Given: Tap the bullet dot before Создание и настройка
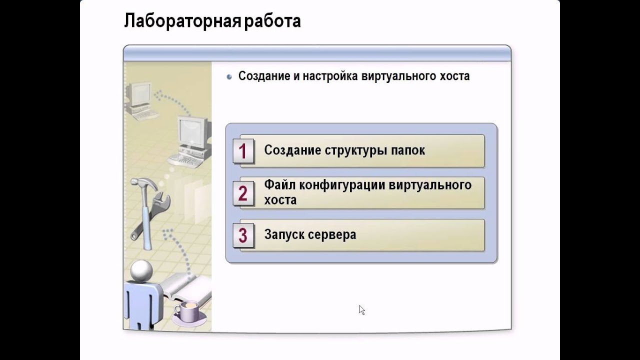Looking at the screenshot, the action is (229, 77).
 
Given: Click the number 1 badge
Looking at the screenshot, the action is (243, 151).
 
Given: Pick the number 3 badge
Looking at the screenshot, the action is (243, 235).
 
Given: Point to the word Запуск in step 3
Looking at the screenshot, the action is (284, 234).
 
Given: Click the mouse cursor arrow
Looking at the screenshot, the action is (361, 309).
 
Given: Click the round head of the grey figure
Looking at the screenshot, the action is (141, 270).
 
